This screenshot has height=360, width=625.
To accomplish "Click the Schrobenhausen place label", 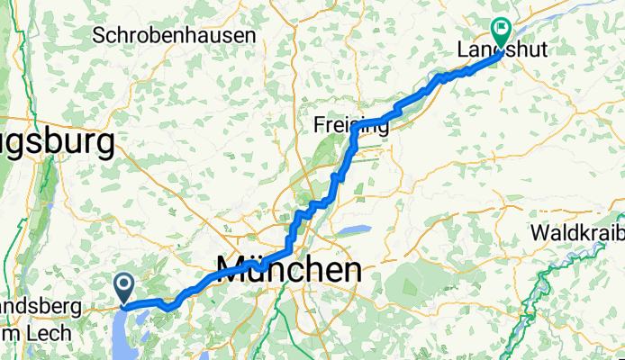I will tap(175, 35).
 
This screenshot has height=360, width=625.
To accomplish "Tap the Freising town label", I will tap(351, 124).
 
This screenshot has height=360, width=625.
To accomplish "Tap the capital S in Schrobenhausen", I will tap(100, 35).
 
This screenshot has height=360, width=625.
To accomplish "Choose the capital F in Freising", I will tap(320, 124).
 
